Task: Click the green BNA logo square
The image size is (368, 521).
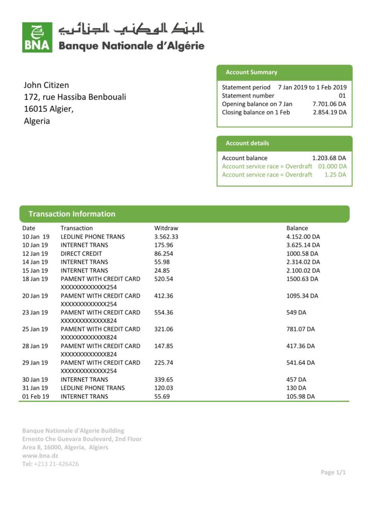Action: pos(37,37)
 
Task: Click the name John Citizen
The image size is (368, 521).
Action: pos(46,85)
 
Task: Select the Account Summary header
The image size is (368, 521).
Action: pos(251,72)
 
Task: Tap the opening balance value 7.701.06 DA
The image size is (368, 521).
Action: pos(329,104)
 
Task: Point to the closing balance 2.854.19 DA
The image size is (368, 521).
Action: pos(329,112)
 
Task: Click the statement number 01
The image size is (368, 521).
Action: pos(342,96)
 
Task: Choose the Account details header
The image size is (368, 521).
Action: pos(247,143)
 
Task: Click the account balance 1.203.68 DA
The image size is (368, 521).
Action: pos(329,158)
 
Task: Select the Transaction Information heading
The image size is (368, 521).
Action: pos(72,214)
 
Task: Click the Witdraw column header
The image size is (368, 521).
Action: pos(166,228)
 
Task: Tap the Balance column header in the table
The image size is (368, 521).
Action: pos(297,228)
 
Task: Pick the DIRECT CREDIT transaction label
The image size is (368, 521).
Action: pos(81,253)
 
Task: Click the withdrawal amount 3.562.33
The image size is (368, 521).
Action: pos(166,237)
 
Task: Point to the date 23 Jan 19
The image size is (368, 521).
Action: pos(35,312)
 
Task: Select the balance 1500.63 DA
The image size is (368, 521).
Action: pos(302,279)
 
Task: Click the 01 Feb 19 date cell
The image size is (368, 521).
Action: pos(36,396)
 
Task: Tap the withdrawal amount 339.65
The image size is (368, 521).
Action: pos(164,380)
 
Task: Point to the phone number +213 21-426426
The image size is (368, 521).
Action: pos(56,464)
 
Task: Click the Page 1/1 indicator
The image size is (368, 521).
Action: pos(333,472)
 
